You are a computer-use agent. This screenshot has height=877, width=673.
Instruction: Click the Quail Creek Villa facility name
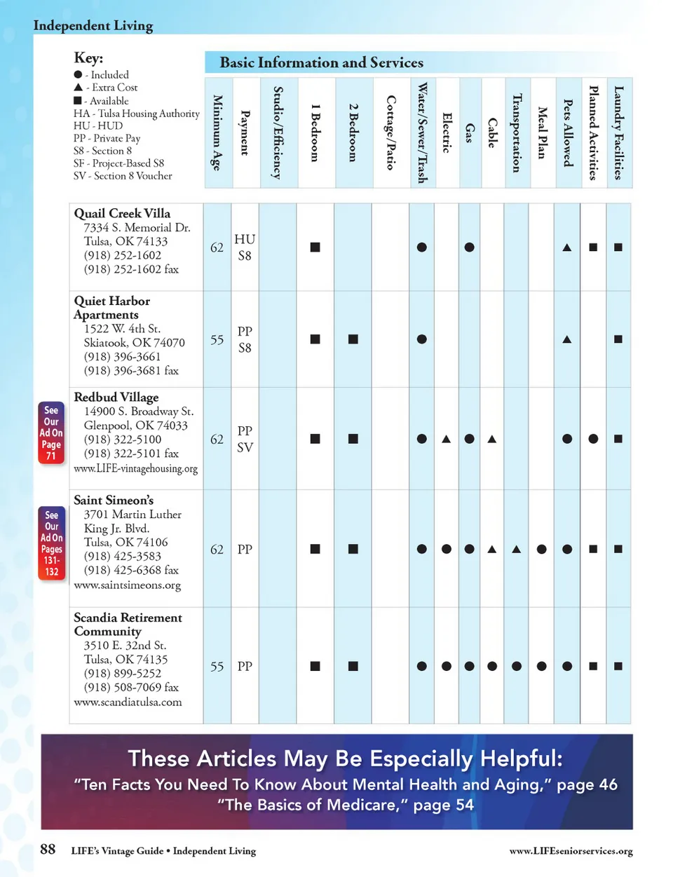point(122,213)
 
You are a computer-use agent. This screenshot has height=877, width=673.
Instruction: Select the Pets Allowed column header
point(568,132)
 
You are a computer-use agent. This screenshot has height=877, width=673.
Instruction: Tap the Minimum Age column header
point(217,132)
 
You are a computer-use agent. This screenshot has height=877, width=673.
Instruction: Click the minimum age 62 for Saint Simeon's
point(217,550)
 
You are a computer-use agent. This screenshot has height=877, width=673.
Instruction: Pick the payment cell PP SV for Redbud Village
point(245,439)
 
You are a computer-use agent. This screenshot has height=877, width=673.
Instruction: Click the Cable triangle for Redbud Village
point(492,439)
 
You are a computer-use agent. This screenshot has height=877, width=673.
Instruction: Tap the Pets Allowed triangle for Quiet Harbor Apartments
point(567,339)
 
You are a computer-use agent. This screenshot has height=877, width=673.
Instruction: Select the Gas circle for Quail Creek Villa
point(470,247)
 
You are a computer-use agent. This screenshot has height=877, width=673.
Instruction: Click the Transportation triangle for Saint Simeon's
point(517,550)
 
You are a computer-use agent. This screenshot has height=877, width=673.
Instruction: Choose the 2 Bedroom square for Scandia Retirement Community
point(353,666)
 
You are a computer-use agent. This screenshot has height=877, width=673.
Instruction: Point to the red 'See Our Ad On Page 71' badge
point(51,433)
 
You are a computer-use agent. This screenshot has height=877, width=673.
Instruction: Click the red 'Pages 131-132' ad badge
point(52,543)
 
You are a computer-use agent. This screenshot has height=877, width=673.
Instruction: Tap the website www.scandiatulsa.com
point(128,702)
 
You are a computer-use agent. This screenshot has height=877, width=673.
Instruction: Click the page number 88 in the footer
point(48,850)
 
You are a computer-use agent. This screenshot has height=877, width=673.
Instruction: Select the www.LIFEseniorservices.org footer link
point(571,851)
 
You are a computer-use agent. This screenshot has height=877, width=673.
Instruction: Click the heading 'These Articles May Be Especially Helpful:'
point(345,759)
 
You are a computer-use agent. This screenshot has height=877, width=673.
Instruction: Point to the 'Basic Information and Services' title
point(321,62)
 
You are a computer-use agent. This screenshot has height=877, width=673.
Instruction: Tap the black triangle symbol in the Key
point(78,88)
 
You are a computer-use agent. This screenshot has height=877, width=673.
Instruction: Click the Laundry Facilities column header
point(618,132)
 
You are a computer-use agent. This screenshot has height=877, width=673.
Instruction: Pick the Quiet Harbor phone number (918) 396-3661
point(123,356)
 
